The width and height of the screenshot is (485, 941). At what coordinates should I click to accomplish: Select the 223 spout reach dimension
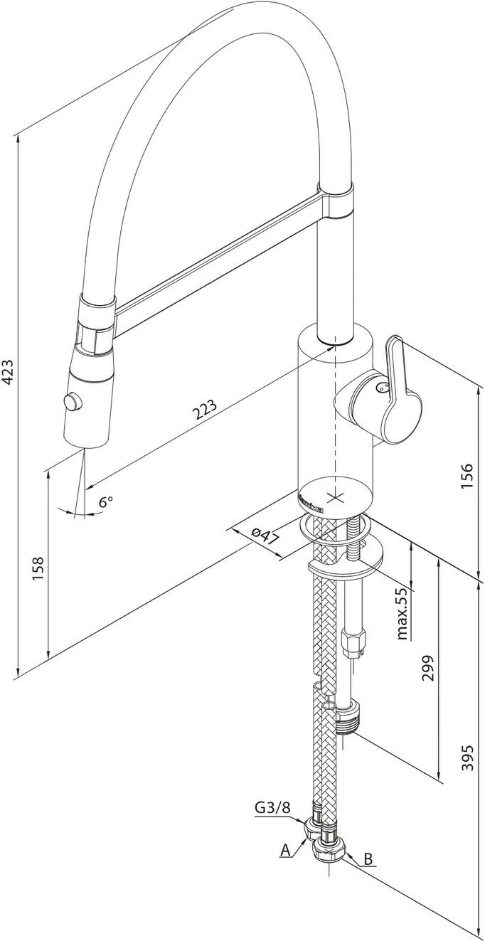204,410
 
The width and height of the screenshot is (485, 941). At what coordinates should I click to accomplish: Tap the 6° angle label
105,501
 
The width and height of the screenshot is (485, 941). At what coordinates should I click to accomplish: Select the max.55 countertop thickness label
403,613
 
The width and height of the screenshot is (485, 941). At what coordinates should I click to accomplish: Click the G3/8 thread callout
272,807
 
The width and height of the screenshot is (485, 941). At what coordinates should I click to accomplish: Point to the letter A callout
285,849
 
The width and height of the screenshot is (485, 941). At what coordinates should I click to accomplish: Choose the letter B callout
368,858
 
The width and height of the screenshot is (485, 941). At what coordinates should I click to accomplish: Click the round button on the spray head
72,402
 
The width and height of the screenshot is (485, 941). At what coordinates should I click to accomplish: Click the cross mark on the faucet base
334,494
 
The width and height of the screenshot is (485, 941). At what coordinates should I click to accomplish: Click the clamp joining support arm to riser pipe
336,198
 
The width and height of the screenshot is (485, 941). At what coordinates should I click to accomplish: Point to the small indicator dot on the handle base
379,388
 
